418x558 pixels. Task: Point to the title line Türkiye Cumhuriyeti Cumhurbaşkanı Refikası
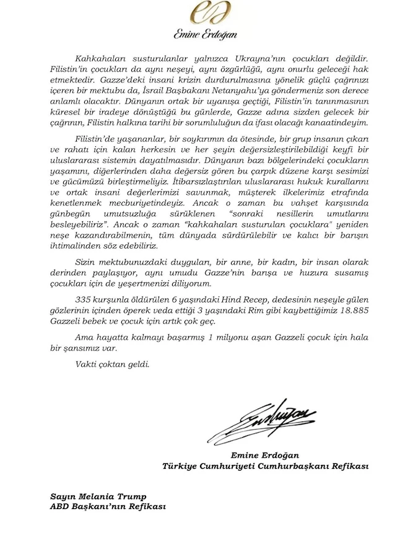pos(265,466)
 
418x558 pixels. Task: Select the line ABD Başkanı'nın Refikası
pos(108,507)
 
